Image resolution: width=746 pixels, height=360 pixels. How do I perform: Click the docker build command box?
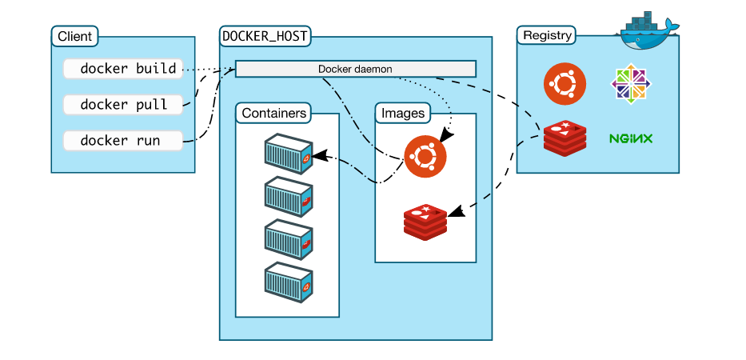123,69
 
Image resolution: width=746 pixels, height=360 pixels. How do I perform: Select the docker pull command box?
123,105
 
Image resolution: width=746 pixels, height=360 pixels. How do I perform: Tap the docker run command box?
123,141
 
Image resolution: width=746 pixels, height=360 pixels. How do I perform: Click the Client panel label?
74,36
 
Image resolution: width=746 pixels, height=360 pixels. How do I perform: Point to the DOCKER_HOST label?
265,36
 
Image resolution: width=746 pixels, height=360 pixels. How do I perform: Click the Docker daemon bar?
355,69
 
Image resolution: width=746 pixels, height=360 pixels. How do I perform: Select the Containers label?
273,113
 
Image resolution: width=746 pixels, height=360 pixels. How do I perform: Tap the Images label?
402,113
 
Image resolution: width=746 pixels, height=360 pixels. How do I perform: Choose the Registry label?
547,36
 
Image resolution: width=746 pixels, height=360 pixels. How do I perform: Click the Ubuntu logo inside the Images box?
425,155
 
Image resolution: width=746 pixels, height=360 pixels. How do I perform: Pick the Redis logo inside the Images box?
425,221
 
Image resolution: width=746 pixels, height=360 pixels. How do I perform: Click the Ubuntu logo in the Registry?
564,84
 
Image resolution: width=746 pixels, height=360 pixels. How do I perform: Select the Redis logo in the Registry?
564,138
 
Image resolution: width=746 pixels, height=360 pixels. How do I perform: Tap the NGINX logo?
631,138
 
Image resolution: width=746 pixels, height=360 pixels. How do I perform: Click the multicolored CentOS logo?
631,84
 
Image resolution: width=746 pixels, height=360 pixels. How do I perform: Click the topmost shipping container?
288,154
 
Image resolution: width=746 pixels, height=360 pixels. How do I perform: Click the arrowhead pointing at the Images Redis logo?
456,213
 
